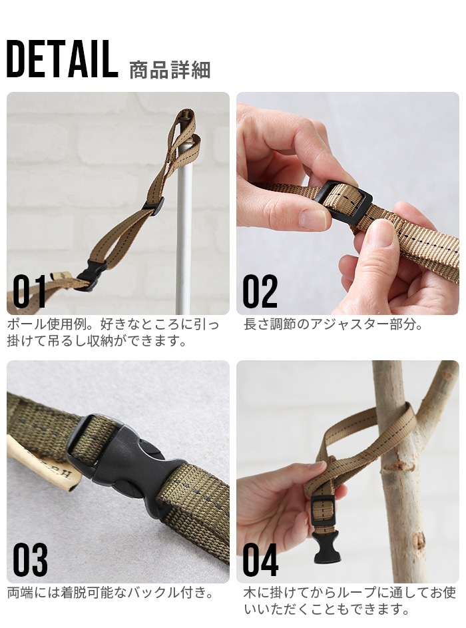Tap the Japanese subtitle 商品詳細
pos(169,70)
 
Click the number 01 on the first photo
pos(30,291)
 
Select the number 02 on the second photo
pos(260,291)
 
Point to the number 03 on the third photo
pos(30,560)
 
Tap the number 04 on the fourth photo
pos(260,560)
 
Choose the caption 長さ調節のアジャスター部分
pos(333,326)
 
